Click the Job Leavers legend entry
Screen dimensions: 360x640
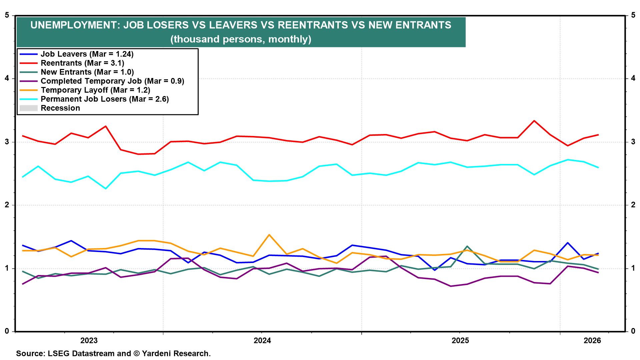point(87,54)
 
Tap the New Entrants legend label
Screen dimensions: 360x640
point(87,72)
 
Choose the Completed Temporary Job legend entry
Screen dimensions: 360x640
point(112,81)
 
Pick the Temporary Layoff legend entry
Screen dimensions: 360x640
point(95,90)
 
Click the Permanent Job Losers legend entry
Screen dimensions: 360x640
point(105,99)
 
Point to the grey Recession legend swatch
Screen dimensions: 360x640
point(28,108)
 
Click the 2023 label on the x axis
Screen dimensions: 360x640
point(89,341)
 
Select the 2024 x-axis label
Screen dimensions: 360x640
point(262,341)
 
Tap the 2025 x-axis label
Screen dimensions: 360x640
point(460,341)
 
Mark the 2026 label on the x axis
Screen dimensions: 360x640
point(592,341)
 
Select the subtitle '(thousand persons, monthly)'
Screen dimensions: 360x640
point(241,39)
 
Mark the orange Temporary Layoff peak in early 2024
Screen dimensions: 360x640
point(269,235)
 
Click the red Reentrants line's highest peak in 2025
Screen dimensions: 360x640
point(534,121)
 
